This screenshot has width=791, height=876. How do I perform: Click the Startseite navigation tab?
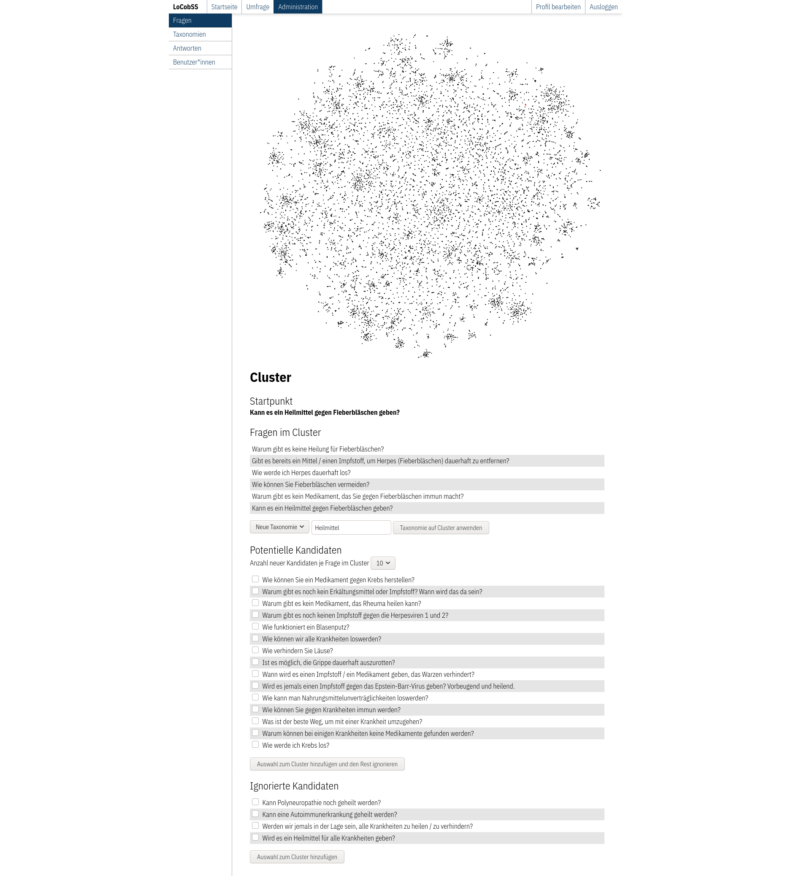click(x=224, y=7)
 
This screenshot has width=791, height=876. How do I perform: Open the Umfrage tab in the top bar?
click(x=257, y=7)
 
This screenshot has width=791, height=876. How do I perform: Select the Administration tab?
click(x=298, y=7)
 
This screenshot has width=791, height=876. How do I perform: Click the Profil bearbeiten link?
click(x=558, y=7)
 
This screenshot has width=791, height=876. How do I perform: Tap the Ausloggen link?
click(x=603, y=7)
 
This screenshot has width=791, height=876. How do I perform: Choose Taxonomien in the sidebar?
click(x=190, y=34)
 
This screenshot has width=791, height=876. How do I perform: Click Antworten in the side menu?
click(x=187, y=48)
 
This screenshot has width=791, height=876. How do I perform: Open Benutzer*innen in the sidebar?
click(x=194, y=62)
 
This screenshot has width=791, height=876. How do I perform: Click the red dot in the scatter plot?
click(x=526, y=105)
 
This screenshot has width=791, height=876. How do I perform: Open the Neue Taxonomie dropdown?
click(x=279, y=527)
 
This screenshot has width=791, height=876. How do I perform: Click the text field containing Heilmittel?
click(x=351, y=527)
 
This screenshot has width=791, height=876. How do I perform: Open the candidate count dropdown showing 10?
click(x=382, y=563)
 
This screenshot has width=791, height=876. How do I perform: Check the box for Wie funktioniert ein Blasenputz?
click(x=255, y=627)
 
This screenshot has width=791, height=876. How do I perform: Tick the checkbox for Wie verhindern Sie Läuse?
click(x=255, y=650)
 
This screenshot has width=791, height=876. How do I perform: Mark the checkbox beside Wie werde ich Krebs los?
click(x=255, y=745)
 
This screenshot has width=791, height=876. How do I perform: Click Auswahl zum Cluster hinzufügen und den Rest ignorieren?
click(x=327, y=764)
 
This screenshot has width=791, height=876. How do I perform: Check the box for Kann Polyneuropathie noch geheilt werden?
click(x=255, y=802)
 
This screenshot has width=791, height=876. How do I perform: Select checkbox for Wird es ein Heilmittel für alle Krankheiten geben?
click(x=255, y=838)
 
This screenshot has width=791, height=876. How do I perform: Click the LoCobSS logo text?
click(x=186, y=7)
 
